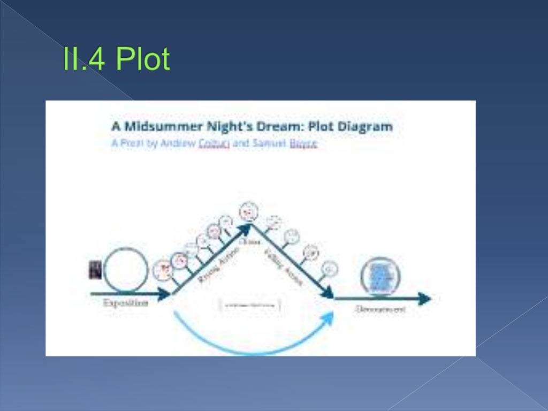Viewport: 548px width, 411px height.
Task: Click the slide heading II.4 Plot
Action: point(116,59)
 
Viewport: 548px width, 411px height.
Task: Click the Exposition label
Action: point(126,303)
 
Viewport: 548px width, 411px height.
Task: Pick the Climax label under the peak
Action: point(249,241)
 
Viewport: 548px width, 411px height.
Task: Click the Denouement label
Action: point(380,309)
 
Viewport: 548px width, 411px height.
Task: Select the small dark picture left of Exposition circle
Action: point(95,270)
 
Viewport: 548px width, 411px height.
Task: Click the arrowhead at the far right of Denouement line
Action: point(425,299)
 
